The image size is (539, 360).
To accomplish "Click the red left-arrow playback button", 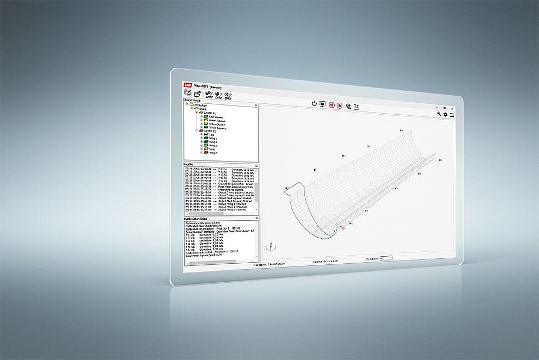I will coord(331,105).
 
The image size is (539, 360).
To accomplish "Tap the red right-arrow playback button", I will coord(340,105).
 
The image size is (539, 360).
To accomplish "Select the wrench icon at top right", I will coord(439,114).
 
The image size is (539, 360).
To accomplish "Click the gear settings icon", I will coord(446,115).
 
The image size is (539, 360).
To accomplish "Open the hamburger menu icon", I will coord(452,115).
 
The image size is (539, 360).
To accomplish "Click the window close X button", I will coord(452,108).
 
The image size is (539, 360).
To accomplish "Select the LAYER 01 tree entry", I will coord(207,113).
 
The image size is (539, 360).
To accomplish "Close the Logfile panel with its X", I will coord(256,164).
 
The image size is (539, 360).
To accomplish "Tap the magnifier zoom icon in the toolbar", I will coord(348,106).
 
